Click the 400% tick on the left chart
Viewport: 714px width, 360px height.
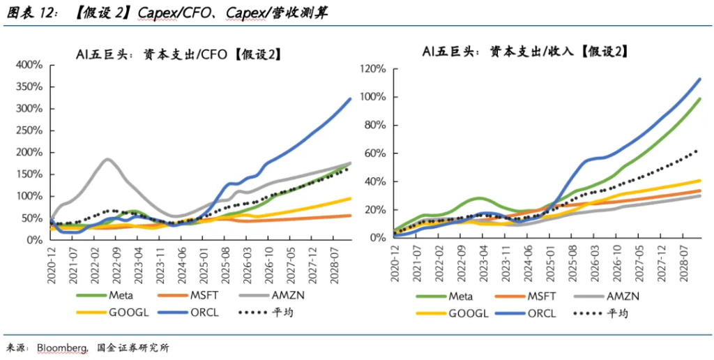click(x=29, y=65)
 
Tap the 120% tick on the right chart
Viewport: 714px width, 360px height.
click(x=374, y=69)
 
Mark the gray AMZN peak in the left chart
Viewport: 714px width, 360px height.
click(x=107, y=159)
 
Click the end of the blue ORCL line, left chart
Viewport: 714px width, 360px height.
click(x=350, y=99)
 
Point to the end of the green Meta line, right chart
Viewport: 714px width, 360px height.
click(x=699, y=99)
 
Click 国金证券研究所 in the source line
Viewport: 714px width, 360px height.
click(x=132, y=347)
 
